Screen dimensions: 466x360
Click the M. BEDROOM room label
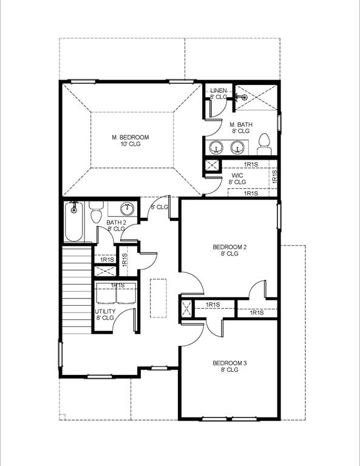[130, 137]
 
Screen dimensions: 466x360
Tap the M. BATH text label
[240, 124]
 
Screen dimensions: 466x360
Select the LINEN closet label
[219, 90]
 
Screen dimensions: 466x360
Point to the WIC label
[237, 175]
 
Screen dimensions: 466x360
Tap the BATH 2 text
[117, 223]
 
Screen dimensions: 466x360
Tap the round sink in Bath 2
[127, 209]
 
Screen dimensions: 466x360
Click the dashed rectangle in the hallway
[158, 297]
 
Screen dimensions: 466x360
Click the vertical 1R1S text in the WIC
[274, 177]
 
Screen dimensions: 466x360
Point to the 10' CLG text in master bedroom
[130, 144]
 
